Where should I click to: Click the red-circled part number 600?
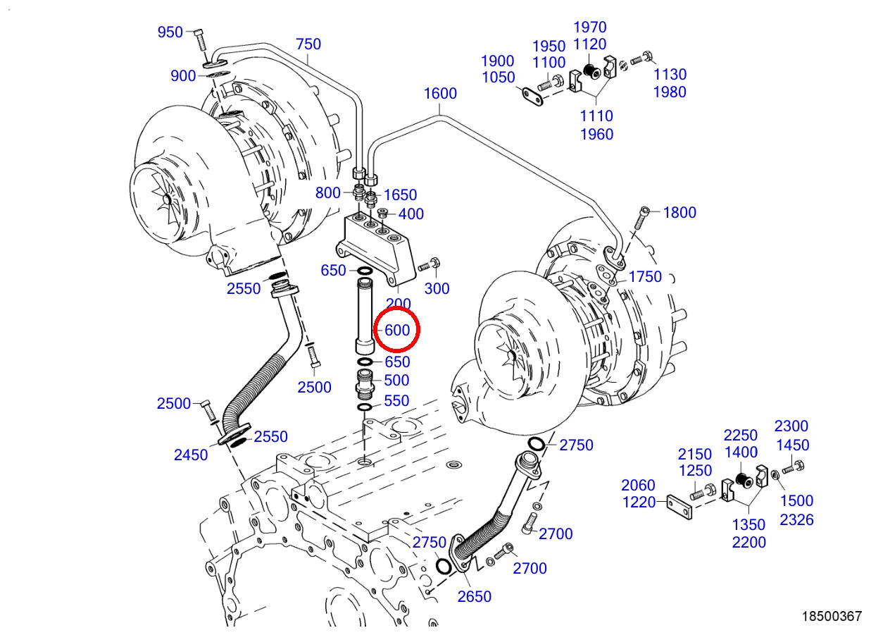(397, 330)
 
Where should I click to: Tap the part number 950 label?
(170, 32)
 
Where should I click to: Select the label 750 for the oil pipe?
(308, 44)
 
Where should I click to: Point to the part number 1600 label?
(440, 93)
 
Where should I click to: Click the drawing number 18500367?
(832, 616)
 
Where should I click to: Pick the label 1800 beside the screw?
(679, 212)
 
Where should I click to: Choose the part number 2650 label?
(475, 596)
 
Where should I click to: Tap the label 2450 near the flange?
(191, 455)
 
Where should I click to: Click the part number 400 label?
(411, 214)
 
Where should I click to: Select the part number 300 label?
(437, 289)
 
